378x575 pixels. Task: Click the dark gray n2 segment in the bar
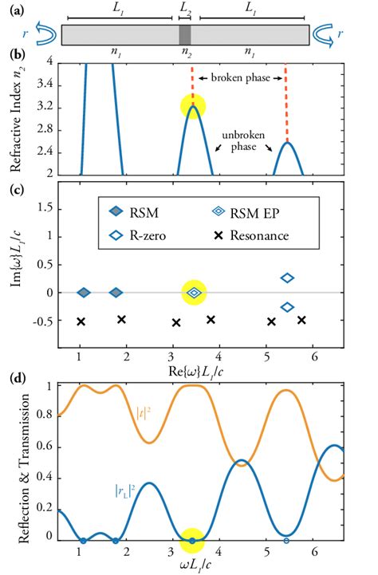(185, 35)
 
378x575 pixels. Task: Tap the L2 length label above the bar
(185, 11)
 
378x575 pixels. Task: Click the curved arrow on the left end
(42, 35)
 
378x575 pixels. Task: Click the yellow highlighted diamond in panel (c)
(193, 293)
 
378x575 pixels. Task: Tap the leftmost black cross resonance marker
(80, 321)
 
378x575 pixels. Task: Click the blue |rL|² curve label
(120, 491)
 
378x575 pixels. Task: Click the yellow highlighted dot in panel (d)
(191, 541)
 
